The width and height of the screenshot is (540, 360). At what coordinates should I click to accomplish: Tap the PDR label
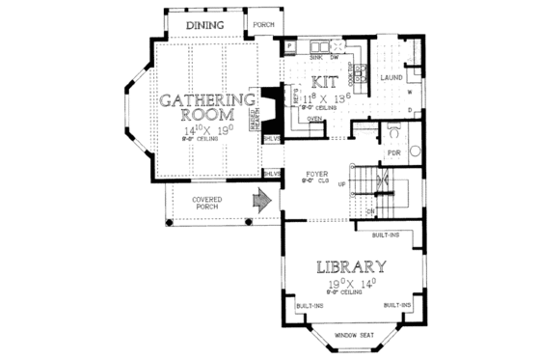tap(393, 152)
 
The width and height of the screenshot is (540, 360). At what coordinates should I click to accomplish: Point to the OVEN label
tap(314, 120)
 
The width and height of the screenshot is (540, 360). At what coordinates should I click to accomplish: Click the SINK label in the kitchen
tap(315, 57)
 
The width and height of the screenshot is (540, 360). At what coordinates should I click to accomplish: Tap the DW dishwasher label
tap(334, 57)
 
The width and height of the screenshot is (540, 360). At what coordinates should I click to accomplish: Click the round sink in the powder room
tap(416, 151)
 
